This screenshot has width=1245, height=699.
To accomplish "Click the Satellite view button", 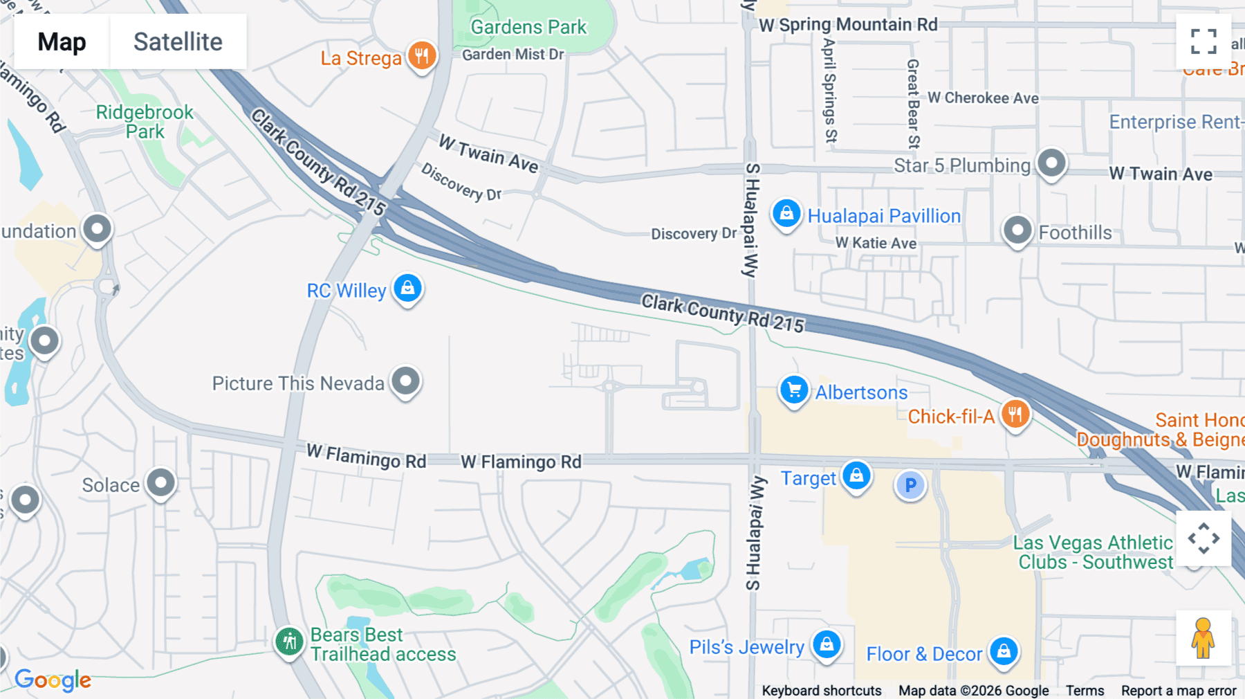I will click(x=178, y=42).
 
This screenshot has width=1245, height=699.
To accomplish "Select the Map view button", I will click(x=62, y=42).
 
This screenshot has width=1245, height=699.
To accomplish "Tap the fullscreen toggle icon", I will click(x=1203, y=42).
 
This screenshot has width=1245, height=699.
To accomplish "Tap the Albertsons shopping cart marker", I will click(x=794, y=390).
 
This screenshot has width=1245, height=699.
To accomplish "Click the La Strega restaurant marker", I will click(x=422, y=55).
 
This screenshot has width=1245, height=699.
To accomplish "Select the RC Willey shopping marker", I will click(x=407, y=288).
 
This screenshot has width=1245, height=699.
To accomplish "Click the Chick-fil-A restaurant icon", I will click(x=1015, y=415).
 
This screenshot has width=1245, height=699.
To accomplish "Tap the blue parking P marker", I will click(x=910, y=486).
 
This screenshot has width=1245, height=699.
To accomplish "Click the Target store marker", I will click(x=856, y=476).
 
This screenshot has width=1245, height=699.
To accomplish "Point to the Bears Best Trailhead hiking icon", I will click(x=289, y=642).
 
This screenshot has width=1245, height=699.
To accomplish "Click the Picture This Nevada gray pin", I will click(x=405, y=381).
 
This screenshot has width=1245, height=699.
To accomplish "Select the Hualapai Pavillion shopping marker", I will click(x=786, y=213).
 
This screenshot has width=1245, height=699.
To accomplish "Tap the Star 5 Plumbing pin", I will click(x=1051, y=163).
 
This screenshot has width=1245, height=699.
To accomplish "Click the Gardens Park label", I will click(x=528, y=27).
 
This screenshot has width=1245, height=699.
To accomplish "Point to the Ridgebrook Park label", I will click(x=145, y=121).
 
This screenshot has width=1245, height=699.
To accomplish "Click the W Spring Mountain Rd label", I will click(x=848, y=25).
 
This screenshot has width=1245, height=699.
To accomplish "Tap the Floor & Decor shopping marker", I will click(x=1004, y=651).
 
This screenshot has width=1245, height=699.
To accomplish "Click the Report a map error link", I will click(x=1179, y=690).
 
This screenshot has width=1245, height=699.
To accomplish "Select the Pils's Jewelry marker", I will click(x=827, y=644).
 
